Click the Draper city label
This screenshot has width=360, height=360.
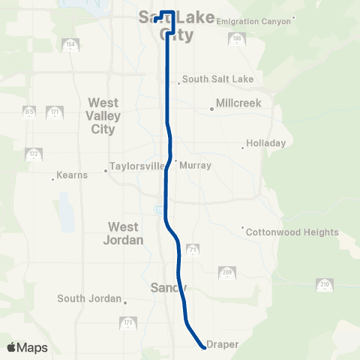click(x=223, y=344)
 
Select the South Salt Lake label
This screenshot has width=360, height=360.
click(x=218, y=79)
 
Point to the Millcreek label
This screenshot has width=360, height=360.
click(x=238, y=103)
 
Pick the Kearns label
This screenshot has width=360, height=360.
click(x=73, y=175)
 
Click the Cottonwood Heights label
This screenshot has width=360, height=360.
click(x=292, y=232)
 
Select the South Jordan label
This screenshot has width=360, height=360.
click(x=89, y=298)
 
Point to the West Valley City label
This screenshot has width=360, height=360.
click(x=103, y=115)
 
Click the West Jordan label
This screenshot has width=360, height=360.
click(x=122, y=232)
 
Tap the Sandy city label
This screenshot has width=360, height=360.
click(x=168, y=287)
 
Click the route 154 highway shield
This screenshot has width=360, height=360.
click(x=71, y=44)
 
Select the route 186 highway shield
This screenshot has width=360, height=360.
click(x=237, y=38)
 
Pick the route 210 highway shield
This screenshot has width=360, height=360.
click(x=325, y=284)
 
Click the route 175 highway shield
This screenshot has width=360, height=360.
click(x=128, y=323)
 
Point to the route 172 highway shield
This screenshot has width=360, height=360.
click(x=34, y=154)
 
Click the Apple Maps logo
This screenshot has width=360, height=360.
click(x=27, y=347)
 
